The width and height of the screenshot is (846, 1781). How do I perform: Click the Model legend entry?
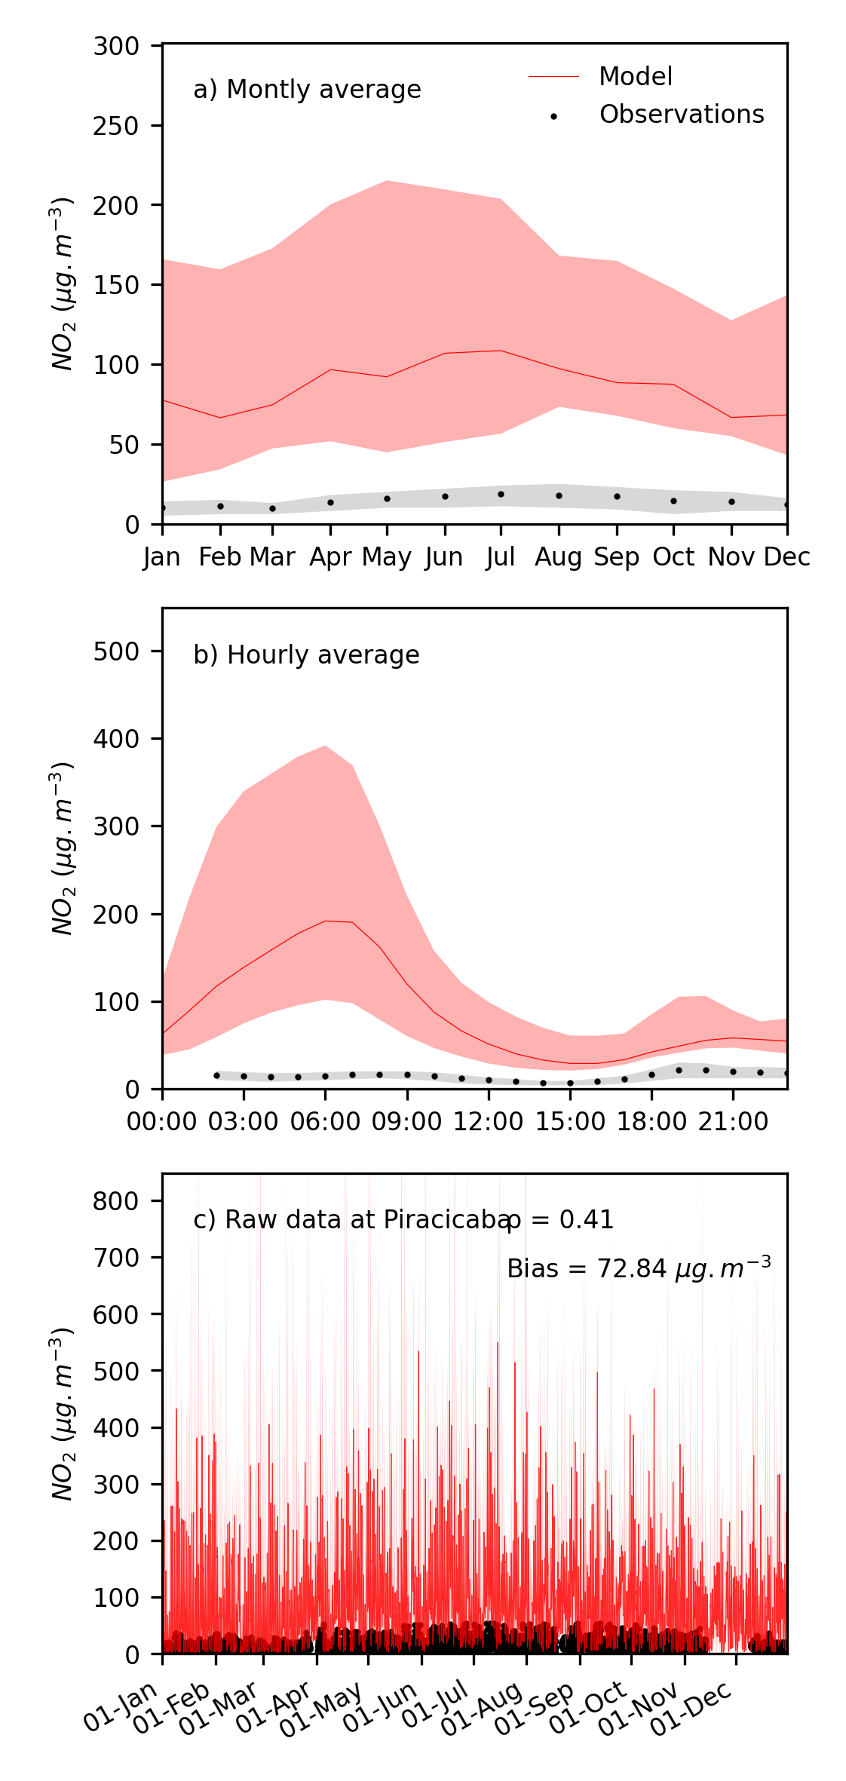635,76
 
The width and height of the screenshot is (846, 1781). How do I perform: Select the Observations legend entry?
681,115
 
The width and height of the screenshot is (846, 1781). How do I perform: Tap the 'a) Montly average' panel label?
307,90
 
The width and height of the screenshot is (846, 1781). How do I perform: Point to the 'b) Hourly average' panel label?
306,654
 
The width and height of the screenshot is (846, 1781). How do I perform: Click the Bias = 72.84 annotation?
638,1269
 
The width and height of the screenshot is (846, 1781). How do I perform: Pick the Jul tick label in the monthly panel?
500,557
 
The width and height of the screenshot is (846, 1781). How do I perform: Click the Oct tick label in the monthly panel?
673,557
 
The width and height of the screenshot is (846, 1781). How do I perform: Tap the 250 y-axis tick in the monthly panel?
116,126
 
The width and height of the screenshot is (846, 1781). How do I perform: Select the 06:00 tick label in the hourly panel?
325,1121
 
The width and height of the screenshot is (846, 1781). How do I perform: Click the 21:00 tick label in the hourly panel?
733,1121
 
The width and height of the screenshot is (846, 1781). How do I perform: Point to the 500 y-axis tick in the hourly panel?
116,651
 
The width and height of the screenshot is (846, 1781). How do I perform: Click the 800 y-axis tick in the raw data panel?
116,1200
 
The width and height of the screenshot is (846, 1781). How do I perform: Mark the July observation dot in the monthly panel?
501,494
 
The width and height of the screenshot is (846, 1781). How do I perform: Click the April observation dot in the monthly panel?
330,502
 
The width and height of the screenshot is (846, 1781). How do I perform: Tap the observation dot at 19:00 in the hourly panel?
679,1070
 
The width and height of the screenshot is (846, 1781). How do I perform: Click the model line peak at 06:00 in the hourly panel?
325,921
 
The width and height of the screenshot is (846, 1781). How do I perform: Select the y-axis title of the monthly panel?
63,284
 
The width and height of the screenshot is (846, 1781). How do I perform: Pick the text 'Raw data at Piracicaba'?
351,1220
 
